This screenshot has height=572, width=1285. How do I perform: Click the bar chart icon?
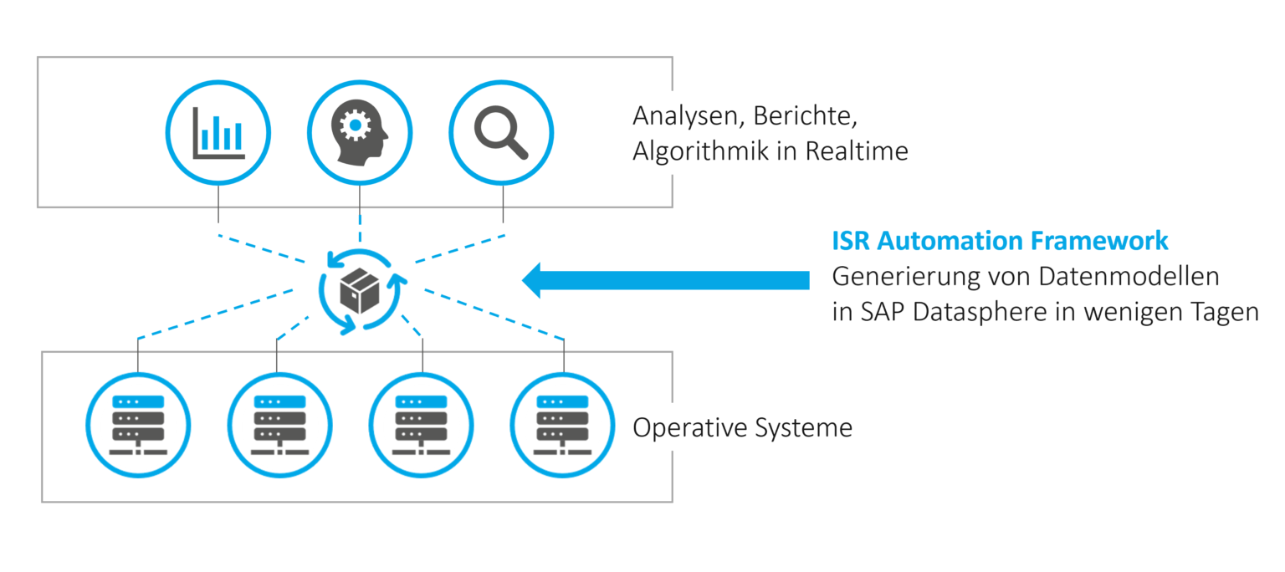[x=218, y=133]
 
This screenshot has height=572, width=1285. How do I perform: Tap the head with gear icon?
[x=360, y=133]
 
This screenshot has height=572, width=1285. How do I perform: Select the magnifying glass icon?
[x=501, y=133]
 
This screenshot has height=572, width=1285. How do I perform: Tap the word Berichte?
[x=800, y=115]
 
